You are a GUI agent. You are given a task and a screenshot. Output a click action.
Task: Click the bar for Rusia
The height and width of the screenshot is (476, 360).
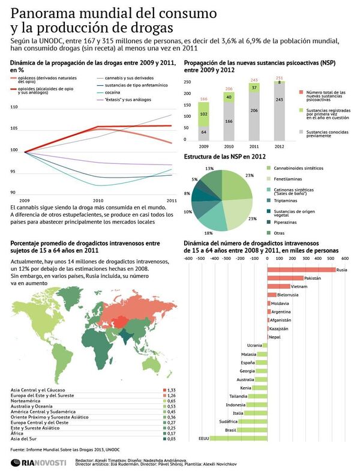(301, 270)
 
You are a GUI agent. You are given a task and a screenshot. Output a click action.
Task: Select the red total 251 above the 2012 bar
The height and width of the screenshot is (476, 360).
(280, 78)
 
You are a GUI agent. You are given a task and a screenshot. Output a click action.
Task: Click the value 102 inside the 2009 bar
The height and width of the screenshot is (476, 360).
(204, 113)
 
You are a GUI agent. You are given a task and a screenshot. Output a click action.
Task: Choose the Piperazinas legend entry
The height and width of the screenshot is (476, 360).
(290, 221)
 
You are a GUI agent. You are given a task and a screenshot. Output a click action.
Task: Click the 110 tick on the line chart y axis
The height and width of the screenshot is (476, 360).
(14, 107)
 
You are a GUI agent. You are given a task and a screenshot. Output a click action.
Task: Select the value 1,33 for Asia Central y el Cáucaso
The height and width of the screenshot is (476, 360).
(170, 390)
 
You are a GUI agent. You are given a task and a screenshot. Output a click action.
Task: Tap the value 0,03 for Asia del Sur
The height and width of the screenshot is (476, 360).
(170, 439)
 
